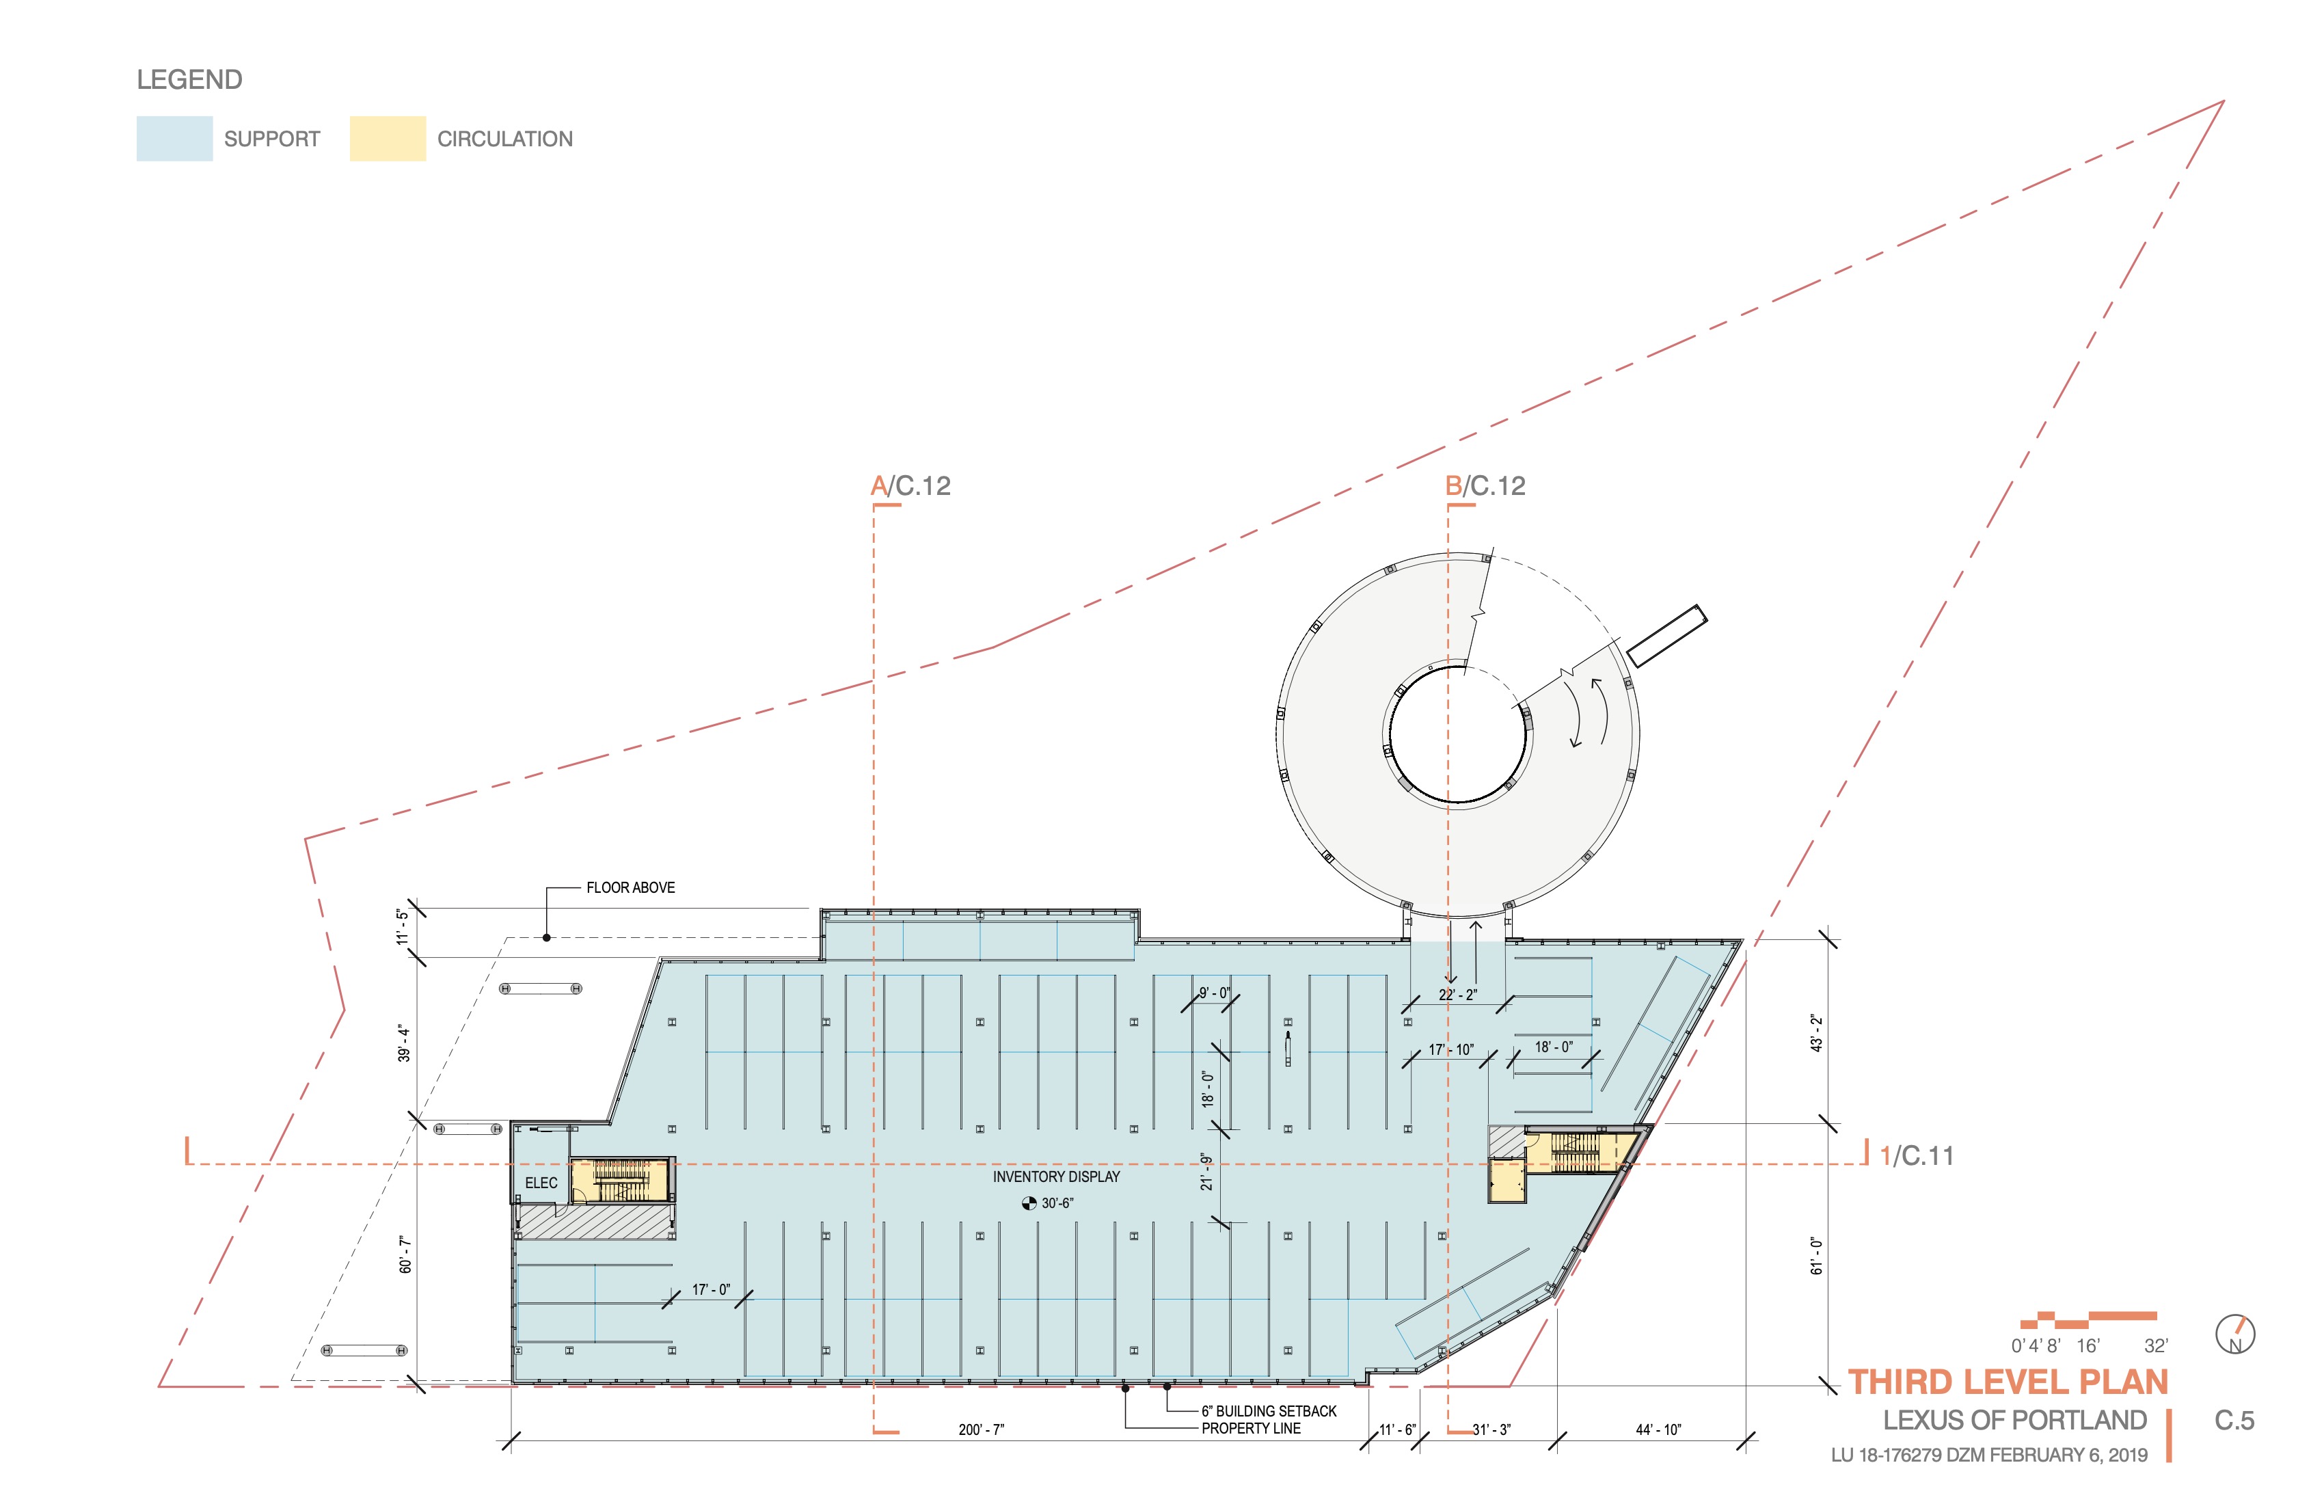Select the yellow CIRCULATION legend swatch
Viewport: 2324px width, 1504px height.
[x=388, y=139]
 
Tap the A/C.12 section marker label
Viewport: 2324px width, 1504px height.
[x=910, y=486]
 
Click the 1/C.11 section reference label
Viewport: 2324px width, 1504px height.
[x=1917, y=1156]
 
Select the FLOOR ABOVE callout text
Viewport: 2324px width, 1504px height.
[x=631, y=888]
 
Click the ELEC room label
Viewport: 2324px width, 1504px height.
[x=541, y=1183]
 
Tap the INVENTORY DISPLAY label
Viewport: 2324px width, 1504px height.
[x=1057, y=1177]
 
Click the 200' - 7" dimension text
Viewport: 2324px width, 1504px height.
[x=982, y=1429]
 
